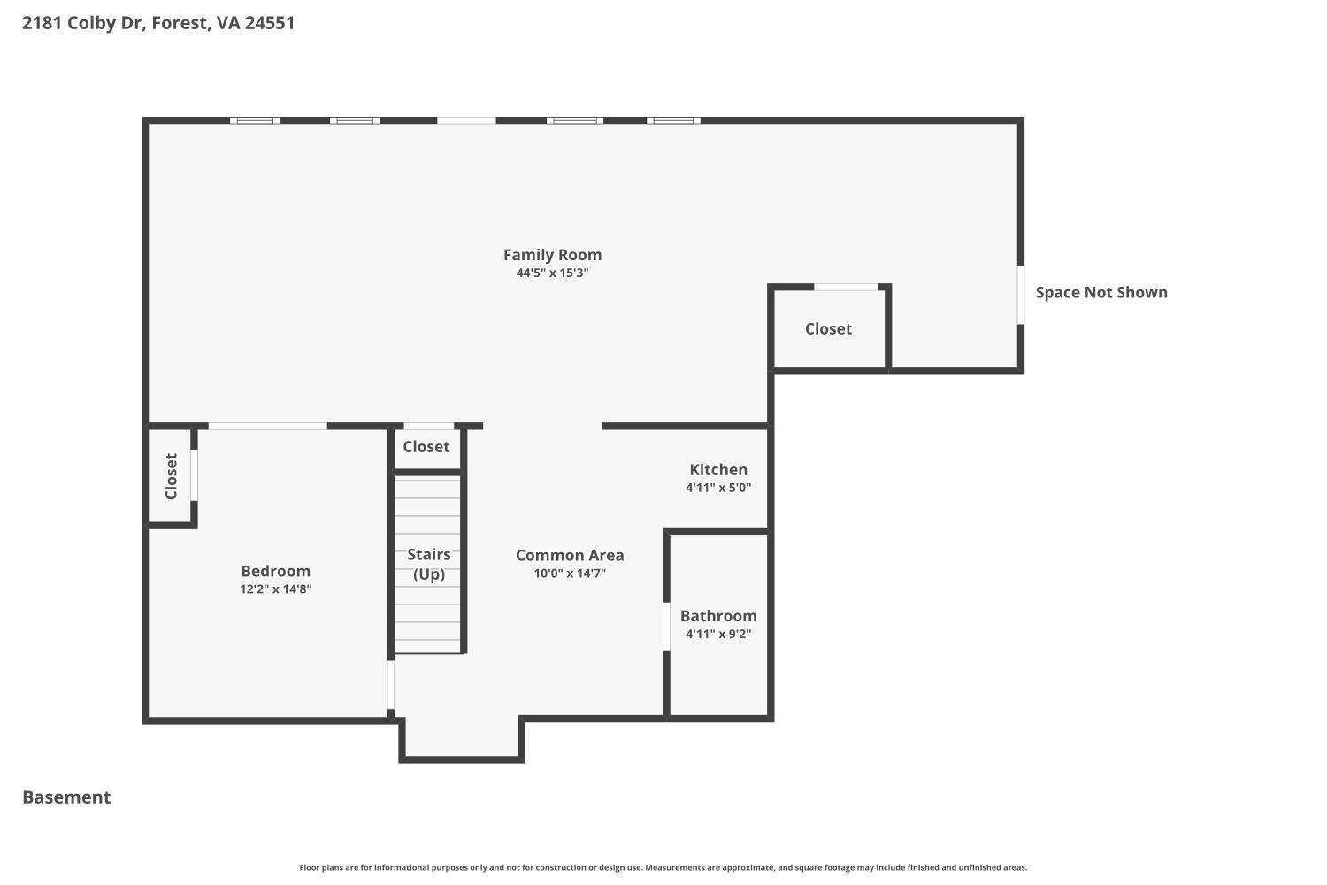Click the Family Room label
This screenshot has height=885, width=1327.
(x=552, y=255)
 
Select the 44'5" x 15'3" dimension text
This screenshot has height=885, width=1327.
(x=552, y=273)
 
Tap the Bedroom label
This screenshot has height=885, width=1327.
(x=275, y=571)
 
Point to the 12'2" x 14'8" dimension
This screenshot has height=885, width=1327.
(x=275, y=589)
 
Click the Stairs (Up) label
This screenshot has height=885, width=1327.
(x=429, y=565)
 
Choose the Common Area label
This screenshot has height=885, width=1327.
(x=570, y=556)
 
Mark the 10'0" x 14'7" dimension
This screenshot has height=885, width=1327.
(x=570, y=573)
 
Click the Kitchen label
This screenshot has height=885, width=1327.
(x=718, y=469)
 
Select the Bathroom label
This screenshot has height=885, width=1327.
(x=718, y=616)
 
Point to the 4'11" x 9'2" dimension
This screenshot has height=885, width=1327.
(x=718, y=634)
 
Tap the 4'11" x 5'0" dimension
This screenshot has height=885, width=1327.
(x=718, y=488)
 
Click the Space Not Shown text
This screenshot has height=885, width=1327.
(x=1101, y=292)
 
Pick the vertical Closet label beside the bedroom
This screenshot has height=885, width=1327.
(x=172, y=477)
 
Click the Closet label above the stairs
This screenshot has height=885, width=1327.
(x=426, y=446)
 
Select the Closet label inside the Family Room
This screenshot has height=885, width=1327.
(x=828, y=328)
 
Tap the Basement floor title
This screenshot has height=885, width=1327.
(x=66, y=797)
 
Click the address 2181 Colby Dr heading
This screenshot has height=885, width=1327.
(x=158, y=22)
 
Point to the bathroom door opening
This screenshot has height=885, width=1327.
(x=666, y=627)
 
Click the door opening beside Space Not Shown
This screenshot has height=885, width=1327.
(x=1021, y=296)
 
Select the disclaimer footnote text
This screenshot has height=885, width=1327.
(x=663, y=867)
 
